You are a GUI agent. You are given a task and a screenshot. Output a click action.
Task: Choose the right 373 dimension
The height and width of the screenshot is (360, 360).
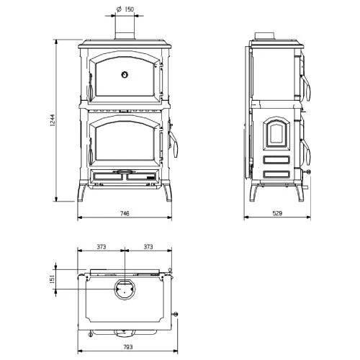pyautogui.click(x=149, y=246)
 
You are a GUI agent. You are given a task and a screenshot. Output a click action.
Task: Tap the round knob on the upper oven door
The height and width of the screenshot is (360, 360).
pyautogui.click(x=125, y=73)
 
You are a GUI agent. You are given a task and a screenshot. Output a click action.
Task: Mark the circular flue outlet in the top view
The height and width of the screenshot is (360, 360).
pyautogui.click(x=125, y=289)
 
